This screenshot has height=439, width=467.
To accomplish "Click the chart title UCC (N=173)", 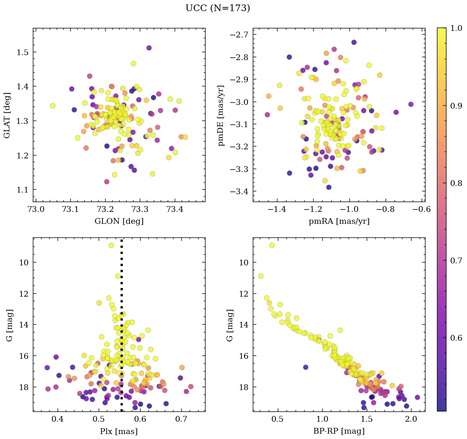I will click(x=217, y=8).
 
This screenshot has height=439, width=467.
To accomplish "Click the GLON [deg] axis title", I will click(x=119, y=221).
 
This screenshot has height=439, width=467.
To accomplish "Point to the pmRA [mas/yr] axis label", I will click(x=339, y=221).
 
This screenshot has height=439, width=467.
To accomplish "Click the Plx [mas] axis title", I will click(x=119, y=432).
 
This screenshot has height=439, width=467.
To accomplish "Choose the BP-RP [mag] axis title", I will click(x=339, y=432).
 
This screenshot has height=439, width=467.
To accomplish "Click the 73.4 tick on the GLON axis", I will click(x=175, y=210).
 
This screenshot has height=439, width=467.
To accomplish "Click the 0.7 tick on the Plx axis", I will click(x=182, y=420).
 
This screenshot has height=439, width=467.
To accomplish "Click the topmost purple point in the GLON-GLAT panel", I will click(x=149, y=48).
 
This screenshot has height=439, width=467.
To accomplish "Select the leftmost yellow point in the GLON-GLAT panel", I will click(x=53, y=106).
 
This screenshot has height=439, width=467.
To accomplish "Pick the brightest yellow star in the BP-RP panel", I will click(x=272, y=245).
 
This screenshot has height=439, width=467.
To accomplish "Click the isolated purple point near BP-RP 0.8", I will click(x=305, y=367).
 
